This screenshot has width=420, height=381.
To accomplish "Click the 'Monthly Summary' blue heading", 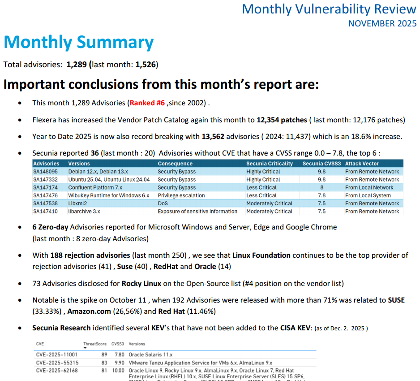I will coord(79,43).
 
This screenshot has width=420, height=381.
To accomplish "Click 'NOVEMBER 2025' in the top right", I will coord(382,24).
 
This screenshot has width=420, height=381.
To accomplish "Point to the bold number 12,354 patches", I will coord(282,120).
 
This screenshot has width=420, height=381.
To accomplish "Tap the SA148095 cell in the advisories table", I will coord(46,172).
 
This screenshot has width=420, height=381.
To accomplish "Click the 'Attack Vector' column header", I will coord(362,164).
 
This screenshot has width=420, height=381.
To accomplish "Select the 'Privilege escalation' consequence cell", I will coord(181,195).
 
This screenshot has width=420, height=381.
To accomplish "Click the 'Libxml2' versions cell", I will coord(77,203).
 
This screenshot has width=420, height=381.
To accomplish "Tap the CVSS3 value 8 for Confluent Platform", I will coord(321,187).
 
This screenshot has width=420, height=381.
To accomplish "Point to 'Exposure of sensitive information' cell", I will coord(197,212).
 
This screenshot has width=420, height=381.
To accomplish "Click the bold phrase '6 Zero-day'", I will coord(50,227).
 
